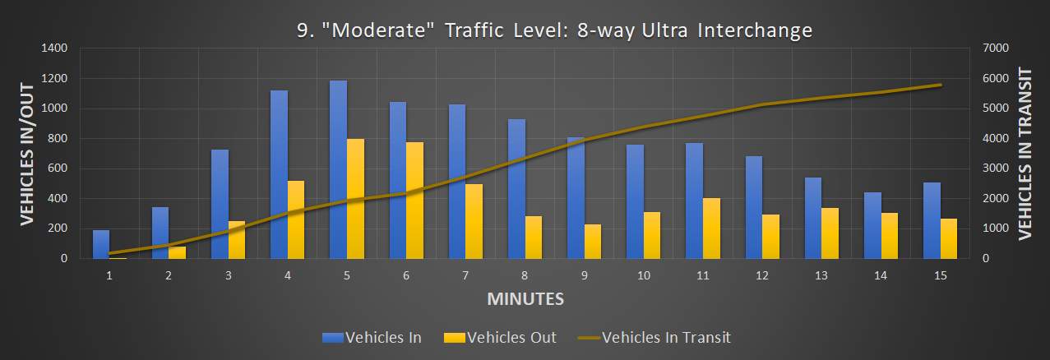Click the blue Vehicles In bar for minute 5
click(338, 169)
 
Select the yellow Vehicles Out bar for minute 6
click(415, 201)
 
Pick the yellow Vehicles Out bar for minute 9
click(593, 242)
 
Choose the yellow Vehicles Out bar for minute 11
click(712, 228)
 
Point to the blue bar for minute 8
click(516, 189)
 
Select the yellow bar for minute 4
click(296, 219)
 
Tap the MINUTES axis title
click(525, 298)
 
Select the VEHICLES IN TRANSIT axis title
click(1025, 154)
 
